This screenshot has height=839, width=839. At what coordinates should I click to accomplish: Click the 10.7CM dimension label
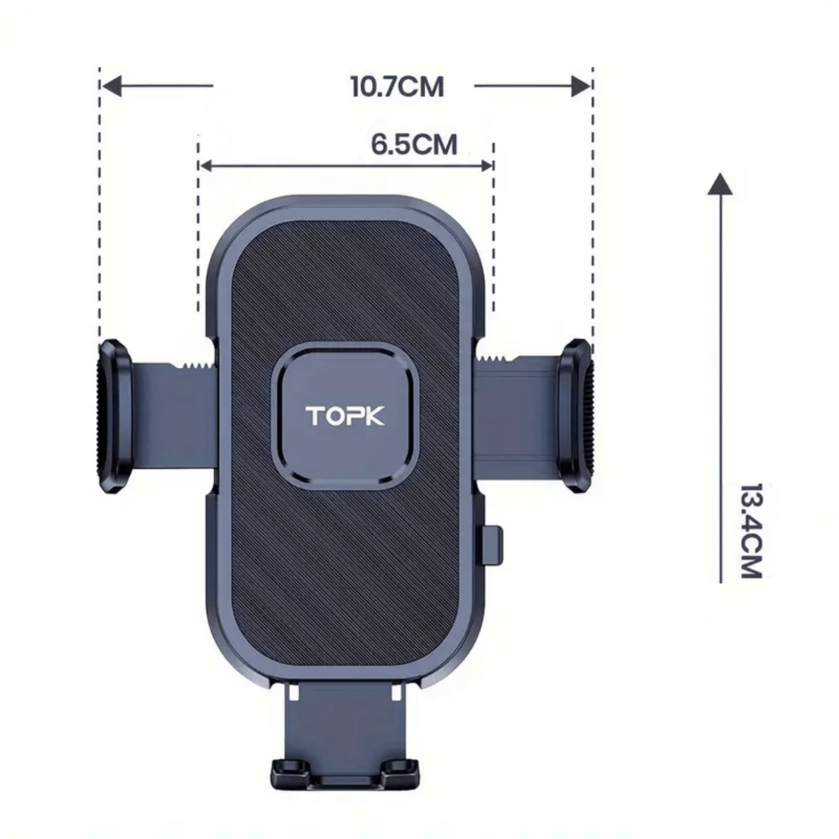397,87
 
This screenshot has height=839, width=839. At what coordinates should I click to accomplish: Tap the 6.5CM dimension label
414,145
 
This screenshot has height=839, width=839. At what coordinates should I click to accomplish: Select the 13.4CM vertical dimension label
751,531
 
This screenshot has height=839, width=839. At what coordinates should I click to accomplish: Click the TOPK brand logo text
345,416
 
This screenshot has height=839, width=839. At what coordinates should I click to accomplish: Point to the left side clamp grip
114,416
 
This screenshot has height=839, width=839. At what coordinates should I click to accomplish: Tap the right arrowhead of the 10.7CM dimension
580,86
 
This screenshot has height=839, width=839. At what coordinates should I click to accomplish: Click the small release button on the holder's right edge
495,543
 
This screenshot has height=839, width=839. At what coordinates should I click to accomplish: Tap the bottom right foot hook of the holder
401,770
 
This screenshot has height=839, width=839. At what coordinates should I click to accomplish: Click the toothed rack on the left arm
195,366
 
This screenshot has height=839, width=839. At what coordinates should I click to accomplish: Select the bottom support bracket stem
344,720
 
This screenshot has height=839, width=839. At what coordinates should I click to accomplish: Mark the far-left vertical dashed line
99,203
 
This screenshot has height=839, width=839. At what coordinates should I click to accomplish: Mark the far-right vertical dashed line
592,203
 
